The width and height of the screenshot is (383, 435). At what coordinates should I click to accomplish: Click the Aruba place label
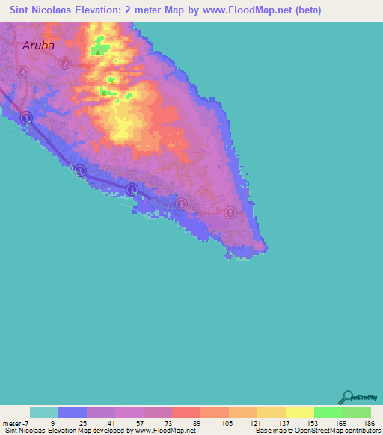pyautogui.click(x=38, y=45)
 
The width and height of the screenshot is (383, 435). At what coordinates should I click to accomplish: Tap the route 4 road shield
pyautogui.click(x=23, y=72)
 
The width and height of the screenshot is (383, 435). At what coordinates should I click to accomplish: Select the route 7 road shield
pyautogui.click(x=66, y=63)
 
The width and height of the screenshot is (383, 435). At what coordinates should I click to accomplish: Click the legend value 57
pyautogui.click(x=139, y=423)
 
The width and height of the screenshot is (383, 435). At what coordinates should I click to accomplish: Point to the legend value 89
pyautogui.click(x=197, y=423)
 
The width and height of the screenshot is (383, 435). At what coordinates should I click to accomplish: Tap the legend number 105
pyautogui.click(x=225, y=423)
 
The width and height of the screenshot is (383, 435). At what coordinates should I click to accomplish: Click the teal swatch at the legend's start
pyautogui.click(x=44, y=412)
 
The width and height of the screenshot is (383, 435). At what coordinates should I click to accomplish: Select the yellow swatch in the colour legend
pyautogui.click(x=299, y=412)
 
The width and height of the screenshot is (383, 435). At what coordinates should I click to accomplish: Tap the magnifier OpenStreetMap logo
pyautogui.click(x=347, y=398)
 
